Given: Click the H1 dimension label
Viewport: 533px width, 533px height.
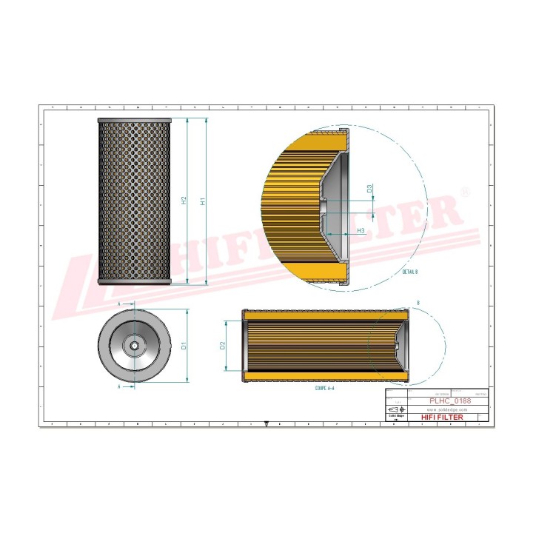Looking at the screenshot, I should click(x=202, y=201).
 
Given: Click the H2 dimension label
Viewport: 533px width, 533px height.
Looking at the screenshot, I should click(x=184, y=201).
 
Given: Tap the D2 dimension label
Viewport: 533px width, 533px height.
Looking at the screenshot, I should click(x=223, y=345).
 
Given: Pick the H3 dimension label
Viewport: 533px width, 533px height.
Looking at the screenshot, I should click(x=361, y=231).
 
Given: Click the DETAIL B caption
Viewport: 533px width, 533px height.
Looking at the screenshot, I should click(x=410, y=272).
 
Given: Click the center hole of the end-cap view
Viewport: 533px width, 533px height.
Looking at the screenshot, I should click(x=135, y=345).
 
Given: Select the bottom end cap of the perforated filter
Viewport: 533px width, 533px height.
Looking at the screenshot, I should click(x=134, y=281).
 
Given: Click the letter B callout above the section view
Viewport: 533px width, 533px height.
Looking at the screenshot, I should click(x=418, y=304).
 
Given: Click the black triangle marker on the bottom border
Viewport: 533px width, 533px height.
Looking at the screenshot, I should click(x=266, y=425).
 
